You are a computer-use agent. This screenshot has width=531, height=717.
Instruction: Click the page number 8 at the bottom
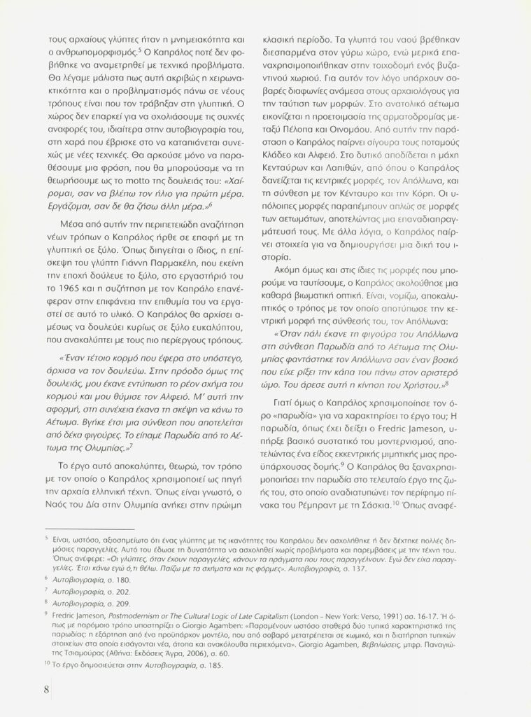tap(45, 690)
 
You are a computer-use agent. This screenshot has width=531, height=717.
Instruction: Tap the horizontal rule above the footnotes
tap(89, 529)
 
